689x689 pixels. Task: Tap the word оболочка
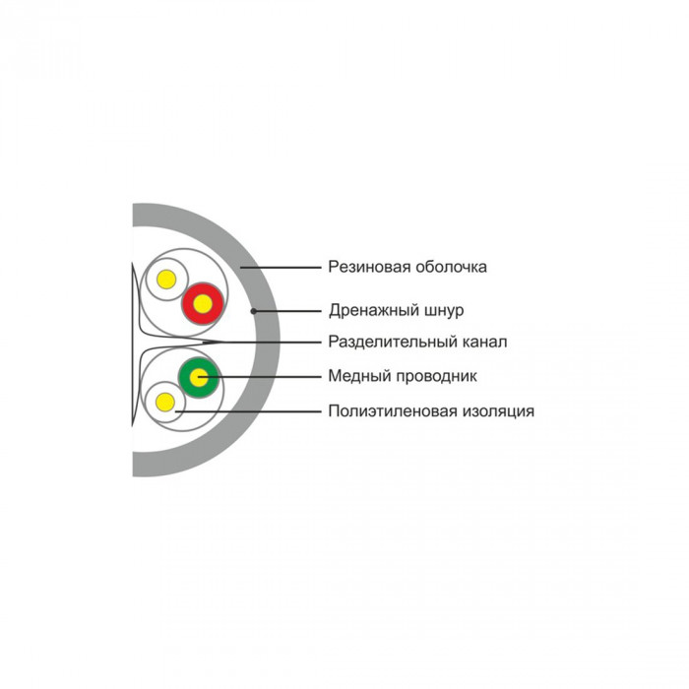(451, 267)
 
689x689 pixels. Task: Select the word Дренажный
(374, 311)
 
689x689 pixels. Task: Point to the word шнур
(444, 311)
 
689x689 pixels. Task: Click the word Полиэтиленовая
(393, 411)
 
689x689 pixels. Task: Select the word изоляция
(498, 411)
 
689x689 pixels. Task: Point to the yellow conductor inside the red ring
(203, 304)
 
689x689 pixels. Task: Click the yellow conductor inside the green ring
(199, 377)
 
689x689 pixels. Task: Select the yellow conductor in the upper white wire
(166, 280)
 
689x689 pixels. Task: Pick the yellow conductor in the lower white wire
(165, 402)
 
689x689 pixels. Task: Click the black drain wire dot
(254, 311)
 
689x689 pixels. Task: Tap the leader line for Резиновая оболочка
(281, 267)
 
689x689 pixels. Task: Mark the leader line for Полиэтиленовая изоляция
(248, 411)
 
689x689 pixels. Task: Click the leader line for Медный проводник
(260, 377)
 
